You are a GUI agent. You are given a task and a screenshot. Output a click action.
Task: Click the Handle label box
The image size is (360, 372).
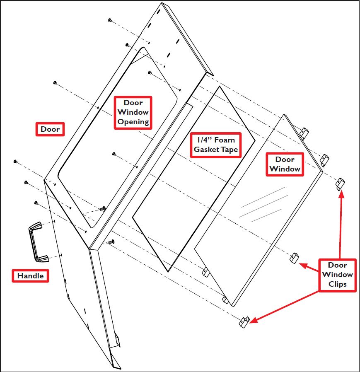click(x=30, y=275)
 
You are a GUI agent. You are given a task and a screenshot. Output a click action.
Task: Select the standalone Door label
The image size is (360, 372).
click(x=50, y=129)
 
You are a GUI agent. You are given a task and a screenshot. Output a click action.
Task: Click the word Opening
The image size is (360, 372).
click(x=133, y=122)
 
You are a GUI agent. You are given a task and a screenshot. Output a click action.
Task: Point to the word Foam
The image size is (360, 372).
click(x=224, y=140)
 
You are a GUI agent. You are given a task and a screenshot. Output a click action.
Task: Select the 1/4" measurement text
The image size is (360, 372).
click(x=203, y=140)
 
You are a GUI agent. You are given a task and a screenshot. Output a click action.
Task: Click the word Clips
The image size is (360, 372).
click(x=337, y=284)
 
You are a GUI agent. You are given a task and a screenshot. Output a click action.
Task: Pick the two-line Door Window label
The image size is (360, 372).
click(x=285, y=164)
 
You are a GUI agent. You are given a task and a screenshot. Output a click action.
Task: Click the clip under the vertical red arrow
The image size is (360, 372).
click(x=340, y=183)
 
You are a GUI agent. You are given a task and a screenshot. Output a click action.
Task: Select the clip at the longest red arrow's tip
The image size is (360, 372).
click(x=244, y=321)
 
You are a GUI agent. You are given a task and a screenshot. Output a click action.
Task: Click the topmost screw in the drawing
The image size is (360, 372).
click(x=109, y=20)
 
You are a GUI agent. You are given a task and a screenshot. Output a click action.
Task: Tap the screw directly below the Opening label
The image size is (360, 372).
click(x=114, y=154)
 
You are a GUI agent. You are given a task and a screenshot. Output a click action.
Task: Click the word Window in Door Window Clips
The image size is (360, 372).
click(x=337, y=275)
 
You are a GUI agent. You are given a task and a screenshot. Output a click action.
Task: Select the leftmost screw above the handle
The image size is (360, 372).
click(x=15, y=161)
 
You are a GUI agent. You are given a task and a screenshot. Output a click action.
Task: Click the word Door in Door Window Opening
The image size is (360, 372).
click(x=133, y=103)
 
